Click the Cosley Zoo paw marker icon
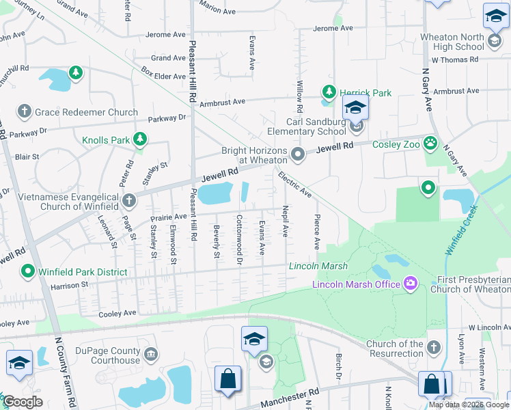430,143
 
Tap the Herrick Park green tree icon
329,92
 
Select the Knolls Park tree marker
140,139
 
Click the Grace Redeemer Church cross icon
24,111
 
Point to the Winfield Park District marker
28,271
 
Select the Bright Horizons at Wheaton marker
297,154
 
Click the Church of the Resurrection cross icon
432,348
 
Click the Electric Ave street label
294,185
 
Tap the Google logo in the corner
23,402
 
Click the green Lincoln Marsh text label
318,266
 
